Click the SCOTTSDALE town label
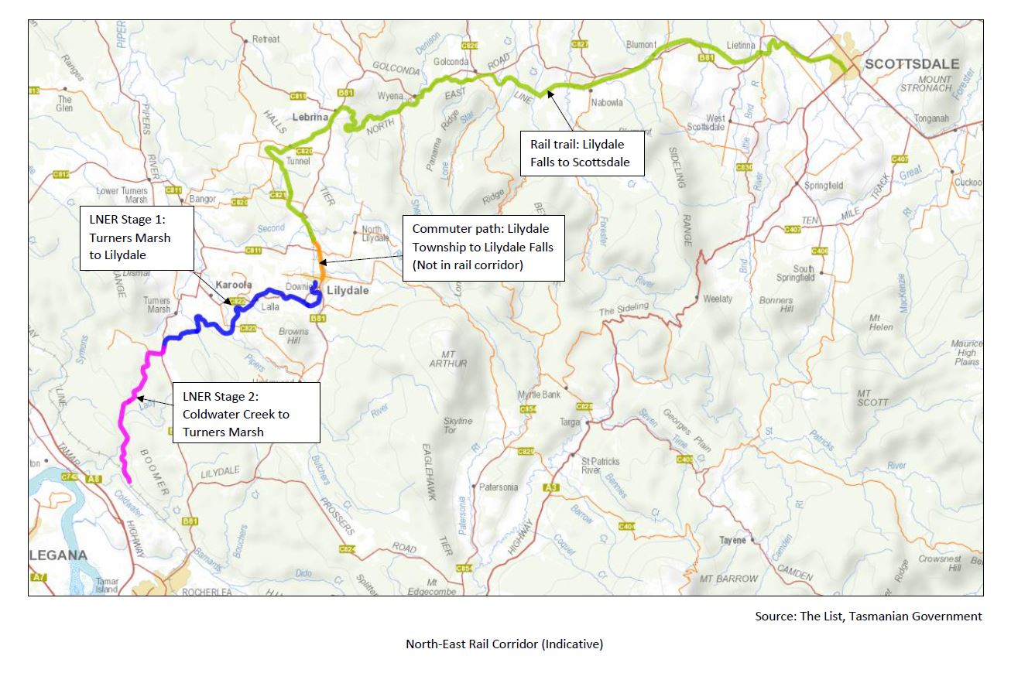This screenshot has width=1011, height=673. coord(911,64)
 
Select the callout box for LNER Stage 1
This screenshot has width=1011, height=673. coord(136,237)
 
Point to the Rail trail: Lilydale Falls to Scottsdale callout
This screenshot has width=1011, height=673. coord(576,153)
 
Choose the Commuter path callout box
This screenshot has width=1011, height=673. coord(483,248)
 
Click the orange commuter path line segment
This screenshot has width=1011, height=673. coord(317,259)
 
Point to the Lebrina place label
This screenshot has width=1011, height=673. coord(312,118)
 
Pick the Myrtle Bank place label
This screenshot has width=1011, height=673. coord(540,395)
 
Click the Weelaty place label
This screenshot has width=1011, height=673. coord(718,299)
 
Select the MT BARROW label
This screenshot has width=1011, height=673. coord(728,579)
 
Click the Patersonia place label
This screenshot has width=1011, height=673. coord(498,487)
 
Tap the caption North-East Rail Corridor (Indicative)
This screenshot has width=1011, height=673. coord(504,644)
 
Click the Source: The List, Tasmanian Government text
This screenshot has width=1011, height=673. coord(868,617)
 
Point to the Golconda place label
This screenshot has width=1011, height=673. coord(451,62)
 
